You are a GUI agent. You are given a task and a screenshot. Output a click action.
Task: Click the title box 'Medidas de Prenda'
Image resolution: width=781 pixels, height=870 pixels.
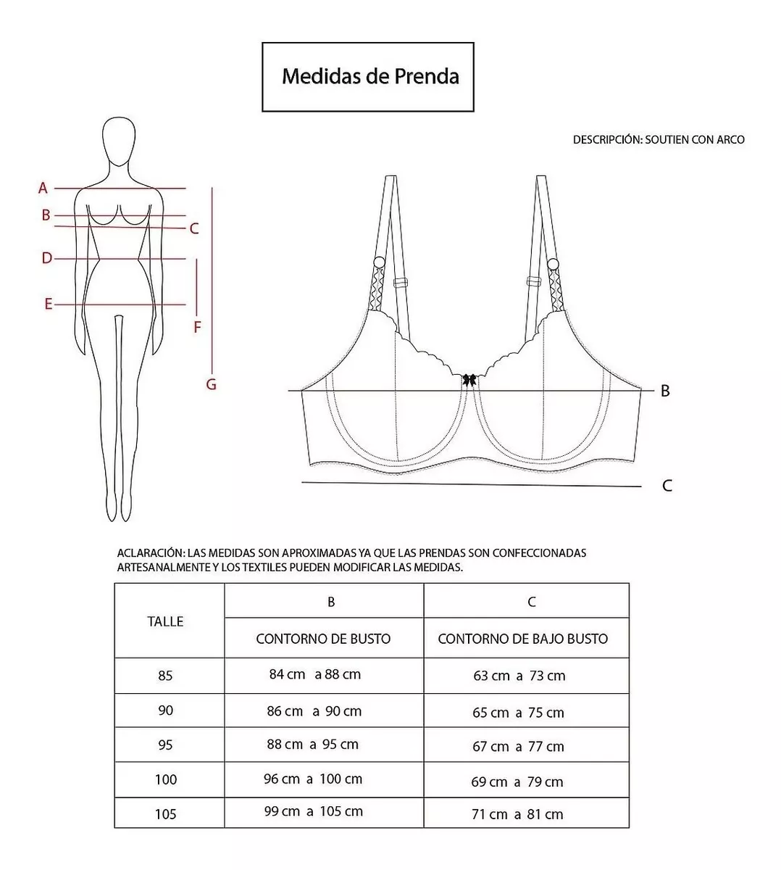[x=368, y=77]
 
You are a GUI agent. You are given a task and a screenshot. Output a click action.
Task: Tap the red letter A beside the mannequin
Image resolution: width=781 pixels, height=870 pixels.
[x=43, y=188]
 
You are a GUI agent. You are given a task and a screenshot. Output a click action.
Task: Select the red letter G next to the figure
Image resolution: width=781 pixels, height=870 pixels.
[x=211, y=384]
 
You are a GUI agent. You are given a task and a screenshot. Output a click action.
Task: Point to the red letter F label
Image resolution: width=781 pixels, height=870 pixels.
[x=197, y=328]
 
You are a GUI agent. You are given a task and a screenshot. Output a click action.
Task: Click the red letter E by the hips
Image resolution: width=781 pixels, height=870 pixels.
[x=49, y=304]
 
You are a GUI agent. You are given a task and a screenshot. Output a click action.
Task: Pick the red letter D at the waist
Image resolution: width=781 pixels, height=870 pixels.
[x=46, y=258]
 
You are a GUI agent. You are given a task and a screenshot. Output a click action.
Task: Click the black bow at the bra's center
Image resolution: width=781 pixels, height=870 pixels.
[x=469, y=379]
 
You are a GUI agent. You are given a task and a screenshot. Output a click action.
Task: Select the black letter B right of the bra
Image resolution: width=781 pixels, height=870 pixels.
[x=665, y=391]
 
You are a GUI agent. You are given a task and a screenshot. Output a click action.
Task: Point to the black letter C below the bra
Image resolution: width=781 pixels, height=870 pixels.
[x=667, y=486]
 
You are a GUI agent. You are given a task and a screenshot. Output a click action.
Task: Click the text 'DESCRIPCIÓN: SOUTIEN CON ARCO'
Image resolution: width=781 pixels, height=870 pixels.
[x=659, y=140]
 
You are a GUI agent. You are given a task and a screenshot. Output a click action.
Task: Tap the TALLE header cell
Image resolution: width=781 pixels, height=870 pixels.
[x=165, y=621]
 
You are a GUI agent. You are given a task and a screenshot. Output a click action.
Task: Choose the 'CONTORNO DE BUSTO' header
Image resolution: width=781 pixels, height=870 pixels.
[x=323, y=639]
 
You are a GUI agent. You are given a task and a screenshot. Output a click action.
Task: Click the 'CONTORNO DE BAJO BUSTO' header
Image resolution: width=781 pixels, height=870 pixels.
[x=522, y=639]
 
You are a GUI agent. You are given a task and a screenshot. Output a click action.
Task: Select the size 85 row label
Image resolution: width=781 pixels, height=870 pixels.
[x=165, y=676]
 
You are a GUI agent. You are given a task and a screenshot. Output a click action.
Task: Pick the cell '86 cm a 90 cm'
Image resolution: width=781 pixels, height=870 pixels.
[x=314, y=711]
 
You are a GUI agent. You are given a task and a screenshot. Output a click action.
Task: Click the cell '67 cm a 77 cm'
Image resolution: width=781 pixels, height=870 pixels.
[x=518, y=747]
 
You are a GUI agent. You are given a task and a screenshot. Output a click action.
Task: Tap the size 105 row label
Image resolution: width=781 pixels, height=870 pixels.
[x=165, y=814]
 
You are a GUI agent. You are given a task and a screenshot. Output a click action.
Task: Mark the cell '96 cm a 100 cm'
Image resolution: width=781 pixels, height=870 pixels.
[x=313, y=779]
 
